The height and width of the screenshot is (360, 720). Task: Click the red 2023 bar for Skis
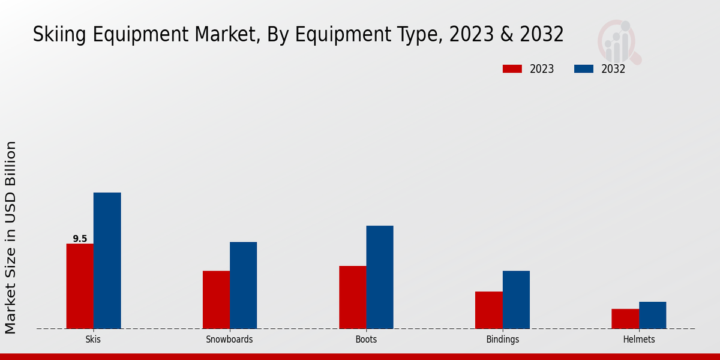point(80,286)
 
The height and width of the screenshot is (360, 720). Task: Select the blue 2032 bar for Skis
point(107,260)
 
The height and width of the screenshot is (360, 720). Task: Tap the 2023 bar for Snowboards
point(216,299)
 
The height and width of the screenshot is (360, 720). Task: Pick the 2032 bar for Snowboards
point(243,285)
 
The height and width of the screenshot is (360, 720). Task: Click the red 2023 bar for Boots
point(352,297)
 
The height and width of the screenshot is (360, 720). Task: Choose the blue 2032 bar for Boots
point(380,277)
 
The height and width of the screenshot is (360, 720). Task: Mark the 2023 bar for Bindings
point(488,310)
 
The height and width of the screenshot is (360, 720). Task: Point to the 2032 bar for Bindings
point(516,299)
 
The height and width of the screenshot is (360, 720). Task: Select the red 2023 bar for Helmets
point(625,319)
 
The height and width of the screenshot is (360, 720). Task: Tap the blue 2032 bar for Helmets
point(652,315)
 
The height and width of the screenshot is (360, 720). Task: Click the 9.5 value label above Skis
point(80,239)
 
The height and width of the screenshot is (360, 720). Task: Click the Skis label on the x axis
point(93,340)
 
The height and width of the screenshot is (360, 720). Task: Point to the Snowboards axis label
point(229,340)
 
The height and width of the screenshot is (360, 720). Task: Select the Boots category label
point(366,340)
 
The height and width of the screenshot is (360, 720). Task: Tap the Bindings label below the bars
point(502,340)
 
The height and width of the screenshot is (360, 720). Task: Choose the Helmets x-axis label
point(639,340)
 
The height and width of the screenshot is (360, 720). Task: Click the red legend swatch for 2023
point(512,69)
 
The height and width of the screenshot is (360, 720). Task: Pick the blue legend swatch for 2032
point(584,69)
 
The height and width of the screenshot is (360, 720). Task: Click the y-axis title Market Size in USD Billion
point(11,237)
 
